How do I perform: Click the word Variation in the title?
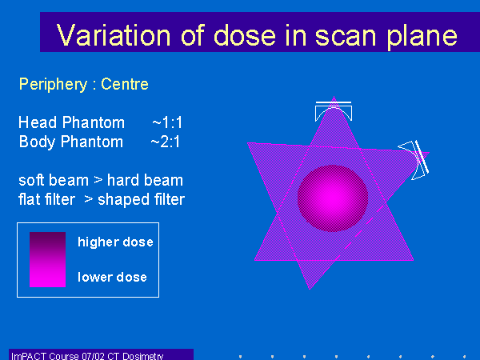(x=114, y=35)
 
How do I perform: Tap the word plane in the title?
(x=422, y=37)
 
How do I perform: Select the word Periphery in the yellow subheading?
(x=54, y=85)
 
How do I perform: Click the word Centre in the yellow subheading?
(x=125, y=84)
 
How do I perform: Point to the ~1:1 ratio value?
(x=167, y=122)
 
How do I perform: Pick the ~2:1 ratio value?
(x=166, y=142)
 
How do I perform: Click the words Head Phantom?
(x=72, y=122)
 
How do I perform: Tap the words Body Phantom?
(x=71, y=142)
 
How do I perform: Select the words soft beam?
(x=54, y=180)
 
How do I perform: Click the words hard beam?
(x=145, y=180)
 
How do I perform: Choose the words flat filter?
(x=47, y=199)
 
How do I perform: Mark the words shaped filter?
(x=141, y=199)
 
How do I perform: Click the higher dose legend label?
(x=115, y=242)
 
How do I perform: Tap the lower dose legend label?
(x=112, y=277)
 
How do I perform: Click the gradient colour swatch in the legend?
(x=47, y=259)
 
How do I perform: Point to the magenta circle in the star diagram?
(x=333, y=198)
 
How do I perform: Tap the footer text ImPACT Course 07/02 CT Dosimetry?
(x=87, y=356)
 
